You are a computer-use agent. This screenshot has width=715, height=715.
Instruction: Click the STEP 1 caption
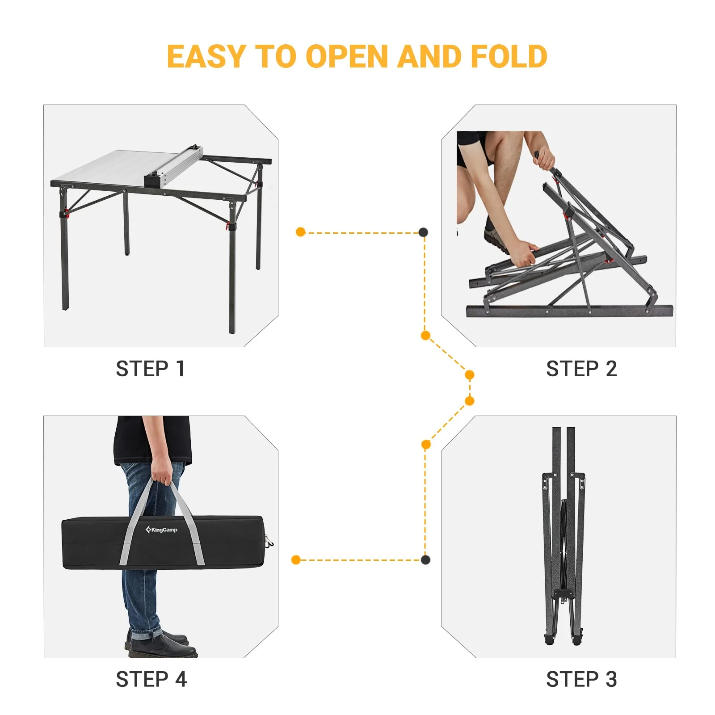(150, 369)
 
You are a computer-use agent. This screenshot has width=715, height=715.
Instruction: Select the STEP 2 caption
(581, 369)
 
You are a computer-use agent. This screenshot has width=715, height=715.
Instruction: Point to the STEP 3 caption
(581, 680)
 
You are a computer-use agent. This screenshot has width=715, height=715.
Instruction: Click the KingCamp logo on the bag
(161, 530)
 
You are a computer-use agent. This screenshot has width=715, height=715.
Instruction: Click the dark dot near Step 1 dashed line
(423, 232)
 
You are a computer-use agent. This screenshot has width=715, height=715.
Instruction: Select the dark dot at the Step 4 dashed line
(425, 559)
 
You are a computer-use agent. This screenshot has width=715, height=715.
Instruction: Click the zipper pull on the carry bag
(269, 543)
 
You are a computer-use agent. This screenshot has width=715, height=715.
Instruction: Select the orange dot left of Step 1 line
(301, 232)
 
